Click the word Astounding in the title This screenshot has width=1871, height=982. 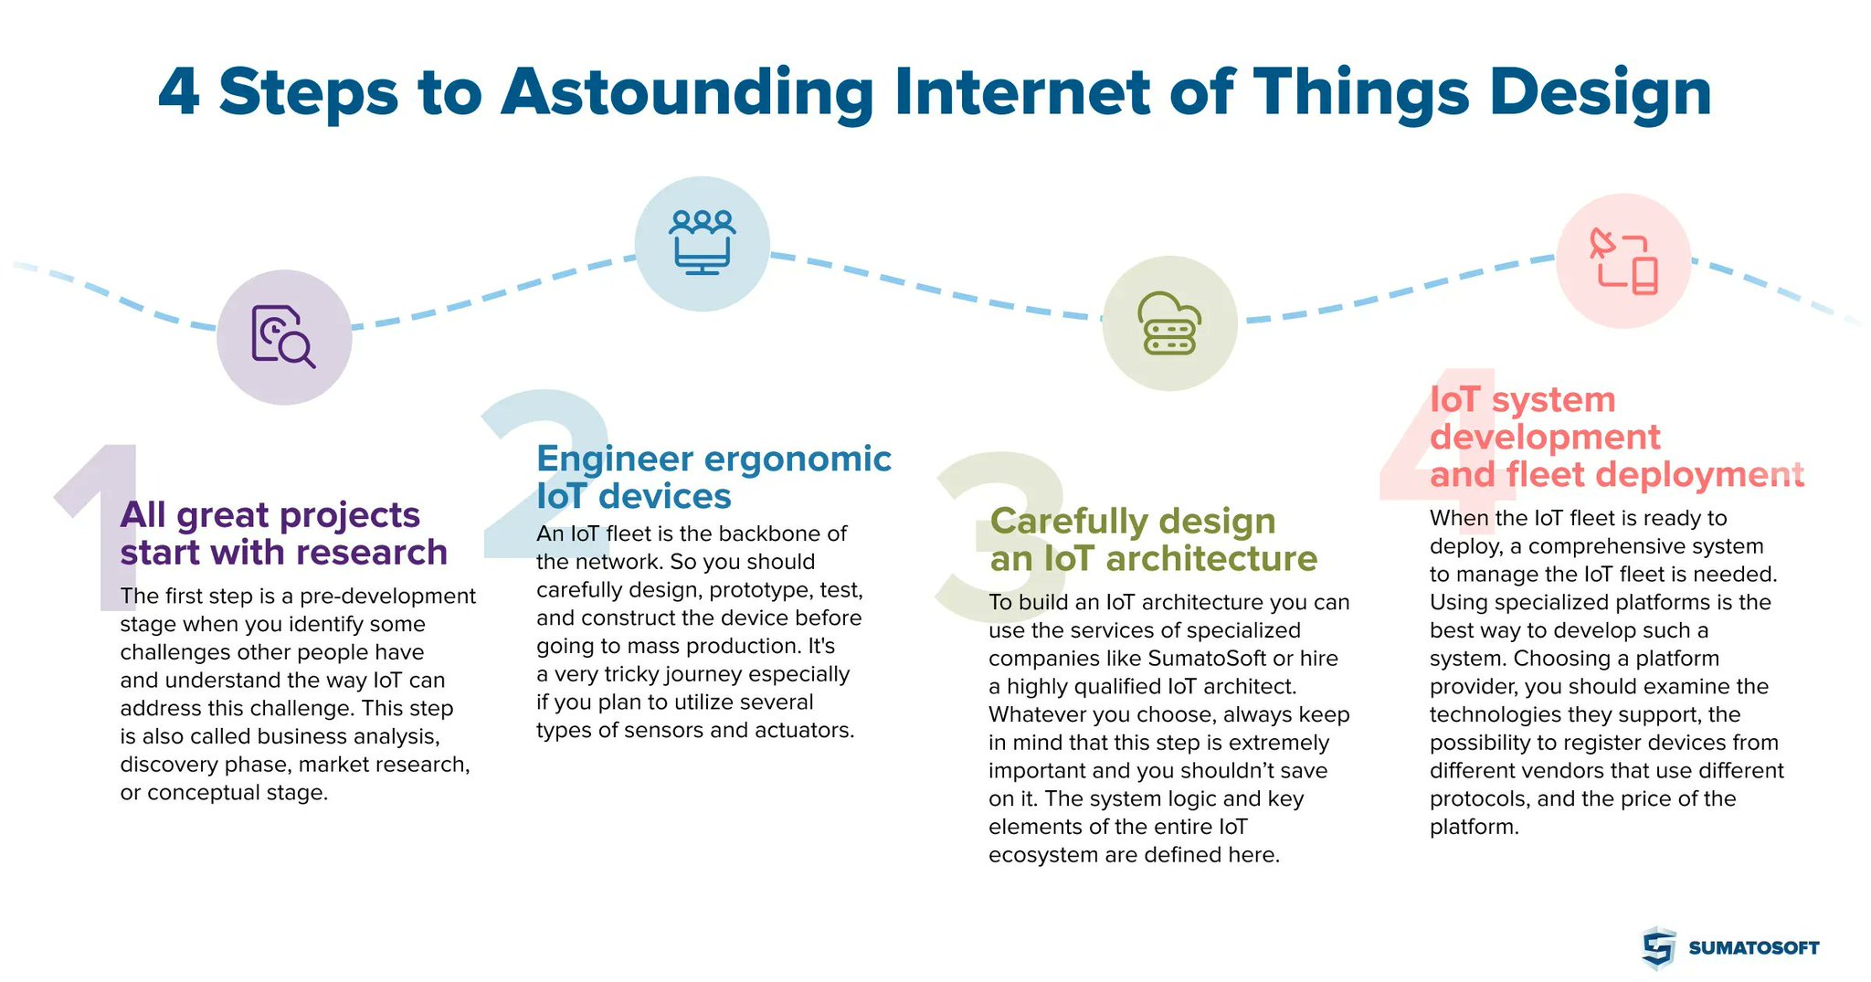point(687,93)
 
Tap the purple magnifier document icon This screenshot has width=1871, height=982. point(283,336)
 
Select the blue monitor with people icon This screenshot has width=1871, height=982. point(702,243)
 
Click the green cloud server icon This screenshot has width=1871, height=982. point(1169,323)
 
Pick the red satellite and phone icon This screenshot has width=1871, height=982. point(1623,261)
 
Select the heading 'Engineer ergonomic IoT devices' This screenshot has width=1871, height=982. point(713,477)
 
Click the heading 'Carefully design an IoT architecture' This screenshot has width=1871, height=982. point(1153,539)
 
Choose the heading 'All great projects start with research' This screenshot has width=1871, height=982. point(283,533)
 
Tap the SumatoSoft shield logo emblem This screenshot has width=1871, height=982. point(1658,947)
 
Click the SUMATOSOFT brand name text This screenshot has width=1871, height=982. point(1753,948)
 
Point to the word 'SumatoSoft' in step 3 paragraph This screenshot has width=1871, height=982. point(1207,659)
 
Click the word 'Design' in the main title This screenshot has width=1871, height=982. point(1600,93)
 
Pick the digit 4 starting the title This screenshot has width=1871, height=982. point(179,93)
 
